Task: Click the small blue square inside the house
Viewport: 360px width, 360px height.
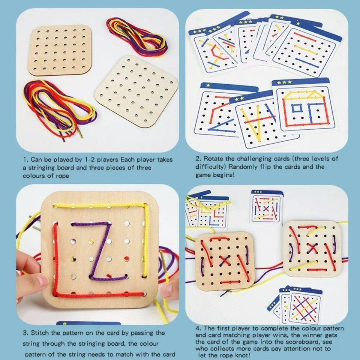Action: pyautogui.click(x=297, y=108)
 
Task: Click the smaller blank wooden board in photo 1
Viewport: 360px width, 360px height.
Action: pyautogui.click(x=60, y=50)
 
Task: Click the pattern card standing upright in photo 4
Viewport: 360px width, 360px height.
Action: pyautogui.click(x=267, y=207)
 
